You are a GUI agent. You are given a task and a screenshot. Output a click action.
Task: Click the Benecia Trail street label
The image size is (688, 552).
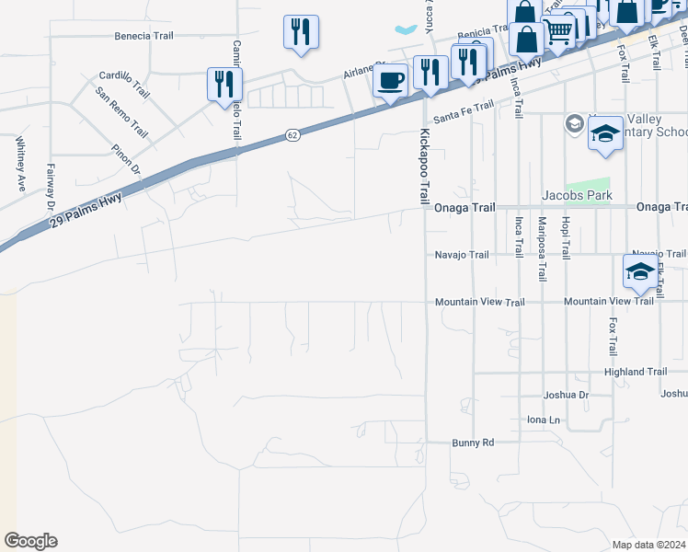[143, 37]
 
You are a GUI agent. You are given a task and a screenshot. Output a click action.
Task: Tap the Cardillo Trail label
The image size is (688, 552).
[123, 82]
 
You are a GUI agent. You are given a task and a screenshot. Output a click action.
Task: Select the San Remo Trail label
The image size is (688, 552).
[120, 109]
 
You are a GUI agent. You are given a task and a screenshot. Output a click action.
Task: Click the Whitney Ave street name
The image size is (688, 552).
[19, 164]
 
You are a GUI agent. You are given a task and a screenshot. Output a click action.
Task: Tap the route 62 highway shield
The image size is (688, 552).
[292, 134]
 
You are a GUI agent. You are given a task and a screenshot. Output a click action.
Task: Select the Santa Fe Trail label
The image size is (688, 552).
[464, 111]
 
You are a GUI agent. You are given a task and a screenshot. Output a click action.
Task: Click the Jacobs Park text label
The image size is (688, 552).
[576, 195]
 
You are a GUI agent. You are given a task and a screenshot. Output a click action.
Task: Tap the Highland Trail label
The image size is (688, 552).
[636, 372]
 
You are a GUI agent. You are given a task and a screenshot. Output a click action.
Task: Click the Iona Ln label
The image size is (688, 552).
[543, 420]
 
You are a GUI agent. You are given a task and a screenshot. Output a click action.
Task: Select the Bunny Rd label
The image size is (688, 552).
[473, 443]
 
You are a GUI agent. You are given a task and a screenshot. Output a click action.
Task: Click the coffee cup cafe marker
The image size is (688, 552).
[390, 81]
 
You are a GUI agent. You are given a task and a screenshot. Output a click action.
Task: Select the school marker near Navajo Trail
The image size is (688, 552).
[640, 271]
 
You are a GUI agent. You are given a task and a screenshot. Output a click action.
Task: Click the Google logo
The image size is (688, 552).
[30, 541]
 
